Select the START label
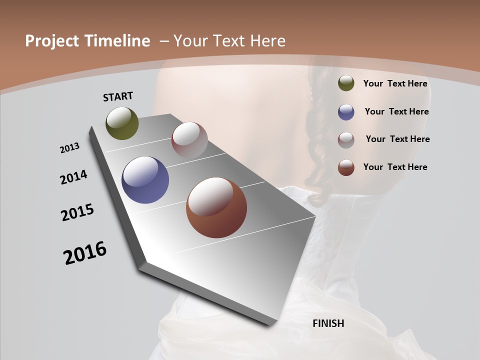[x=118, y=96]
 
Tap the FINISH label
[x=328, y=323]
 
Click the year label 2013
[x=70, y=148]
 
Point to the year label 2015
[x=77, y=212]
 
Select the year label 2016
[x=85, y=253]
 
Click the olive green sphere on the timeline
[x=122, y=123]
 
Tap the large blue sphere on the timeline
[x=145, y=180]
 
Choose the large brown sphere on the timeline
[x=216, y=207]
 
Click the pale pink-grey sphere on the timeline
[x=189, y=140]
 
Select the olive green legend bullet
[x=346, y=83]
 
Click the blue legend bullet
[x=346, y=112]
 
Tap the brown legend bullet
[x=346, y=167]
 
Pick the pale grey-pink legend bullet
[x=346, y=139]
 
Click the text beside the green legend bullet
[x=395, y=83]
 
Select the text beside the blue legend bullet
[x=396, y=111]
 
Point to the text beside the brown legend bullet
[x=395, y=167]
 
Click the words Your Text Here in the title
[x=229, y=41]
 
